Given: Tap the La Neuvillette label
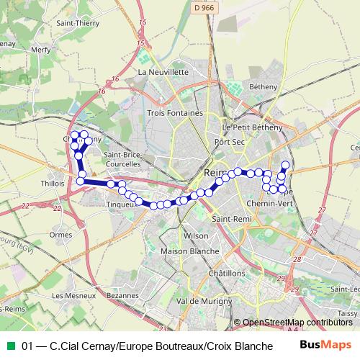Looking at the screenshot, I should [x=163, y=72].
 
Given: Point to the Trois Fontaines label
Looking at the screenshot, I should [x=175, y=113].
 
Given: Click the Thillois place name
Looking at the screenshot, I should [x=53, y=184].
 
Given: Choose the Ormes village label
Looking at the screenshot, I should [x=61, y=234].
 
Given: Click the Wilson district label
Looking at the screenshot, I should [x=196, y=236].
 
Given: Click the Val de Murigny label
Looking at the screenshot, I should [x=202, y=300].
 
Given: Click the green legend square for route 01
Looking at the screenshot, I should [x=9, y=346].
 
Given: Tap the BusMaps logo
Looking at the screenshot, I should [x=325, y=345].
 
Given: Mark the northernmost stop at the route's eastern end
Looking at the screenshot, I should [x=285, y=165].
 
